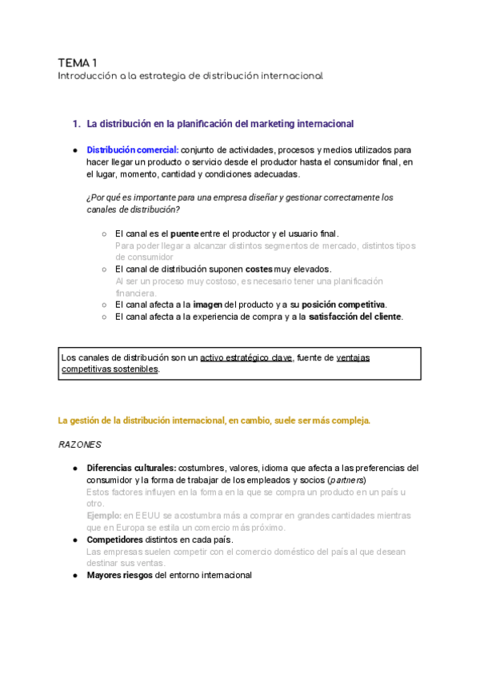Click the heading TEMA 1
(x=78, y=62)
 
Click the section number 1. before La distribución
(x=77, y=124)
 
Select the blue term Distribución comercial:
(x=133, y=150)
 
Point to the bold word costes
(x=259, y=269)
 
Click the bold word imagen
(x=209, y=305)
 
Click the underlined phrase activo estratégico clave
(x=246, y=357)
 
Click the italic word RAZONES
(x=80, y=444)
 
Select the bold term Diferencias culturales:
(x=131, y=468)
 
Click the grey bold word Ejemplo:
(x=104, y=516)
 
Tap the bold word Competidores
(x=121, y=540)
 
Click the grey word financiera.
(x=134, y=293)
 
